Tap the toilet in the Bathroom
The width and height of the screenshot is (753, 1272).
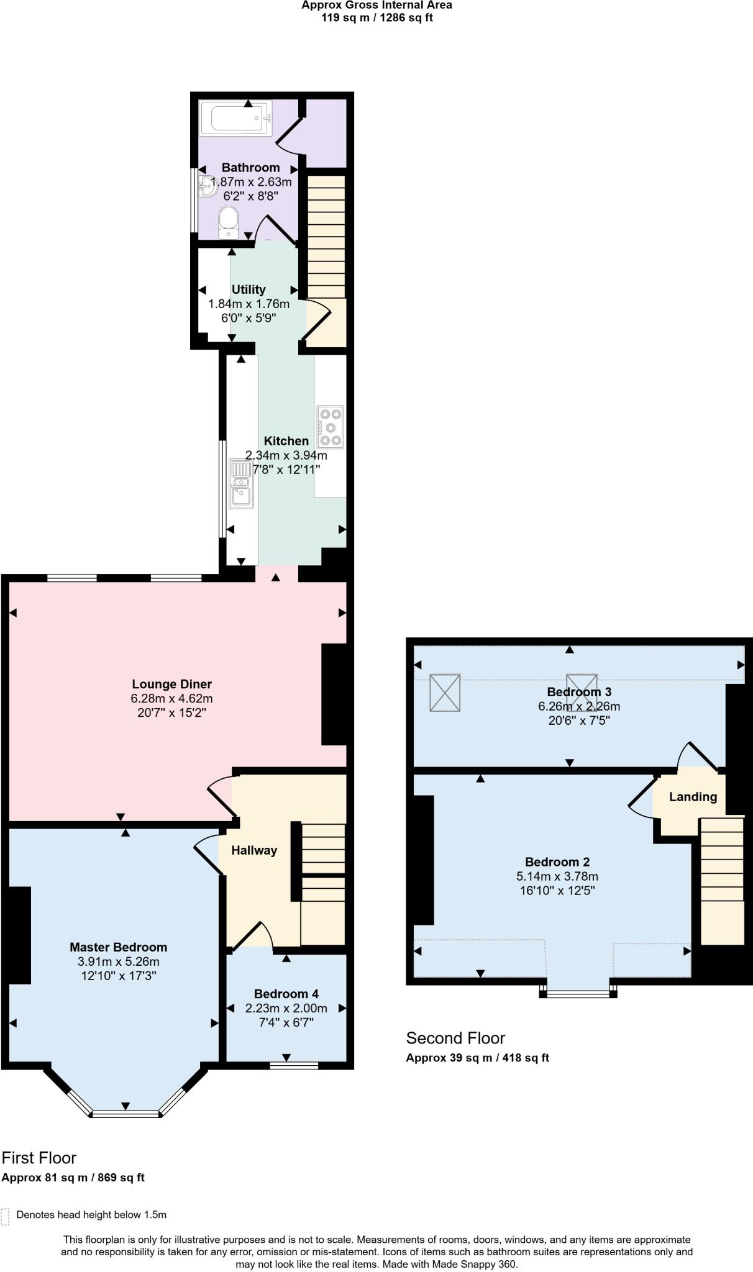(229, 222)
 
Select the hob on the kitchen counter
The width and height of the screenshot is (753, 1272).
(330, 427)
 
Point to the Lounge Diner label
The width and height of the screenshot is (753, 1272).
(171, 684)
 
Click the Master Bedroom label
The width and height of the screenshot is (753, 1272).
(118, 947)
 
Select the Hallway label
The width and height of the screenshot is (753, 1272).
(254, 850)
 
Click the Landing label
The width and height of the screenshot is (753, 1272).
(693, 797)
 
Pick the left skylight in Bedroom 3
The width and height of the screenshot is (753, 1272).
(445, 692)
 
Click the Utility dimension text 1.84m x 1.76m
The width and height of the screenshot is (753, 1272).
(249, 304)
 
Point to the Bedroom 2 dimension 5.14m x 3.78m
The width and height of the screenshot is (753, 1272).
(557, 876)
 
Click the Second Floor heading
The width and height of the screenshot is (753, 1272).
(455, 1038)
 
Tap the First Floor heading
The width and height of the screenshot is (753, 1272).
(39, 1158)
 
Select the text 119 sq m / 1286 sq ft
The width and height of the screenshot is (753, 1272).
(376, 17)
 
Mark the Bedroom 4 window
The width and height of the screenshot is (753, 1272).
(294, 1065)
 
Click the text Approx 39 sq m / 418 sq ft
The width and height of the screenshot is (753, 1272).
(477, 1058)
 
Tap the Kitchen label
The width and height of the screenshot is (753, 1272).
(286, 441)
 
